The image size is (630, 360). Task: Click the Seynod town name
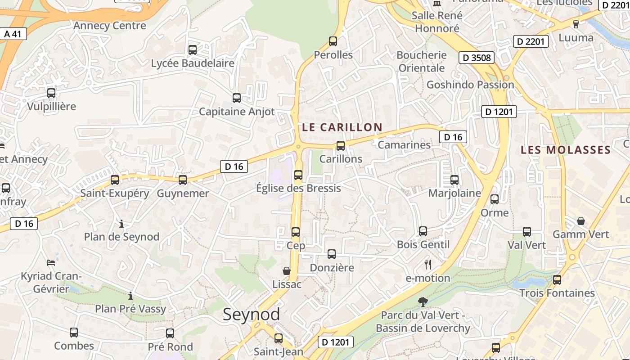[x=251, y=315]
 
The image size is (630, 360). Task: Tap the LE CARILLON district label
[x=342, y=127]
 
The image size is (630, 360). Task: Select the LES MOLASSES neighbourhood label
[x=566, y=150]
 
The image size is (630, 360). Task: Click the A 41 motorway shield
[x=13, y=34]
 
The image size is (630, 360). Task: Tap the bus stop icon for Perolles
[x=333, y=41]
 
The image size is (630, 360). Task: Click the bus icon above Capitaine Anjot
[x=237, y=98]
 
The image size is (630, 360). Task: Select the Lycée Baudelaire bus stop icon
[x=193, y=50]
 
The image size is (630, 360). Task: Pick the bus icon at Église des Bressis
[x=298, y=175]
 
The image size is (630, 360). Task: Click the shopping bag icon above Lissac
[x=287, y=271]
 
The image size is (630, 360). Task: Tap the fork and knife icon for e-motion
[x=428, y=265]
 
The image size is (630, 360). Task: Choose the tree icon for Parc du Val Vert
[x=423, y=301]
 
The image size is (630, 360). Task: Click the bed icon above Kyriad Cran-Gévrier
[x=51, y=262]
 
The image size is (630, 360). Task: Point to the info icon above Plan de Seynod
[x=121, y=224]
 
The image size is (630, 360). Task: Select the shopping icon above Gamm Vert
[x=581, y=221]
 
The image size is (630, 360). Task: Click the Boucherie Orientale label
[x=422, y=62]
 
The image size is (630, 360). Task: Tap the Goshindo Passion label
[x=470, y=85]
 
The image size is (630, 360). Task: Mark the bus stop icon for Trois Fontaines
[x=557, y=279]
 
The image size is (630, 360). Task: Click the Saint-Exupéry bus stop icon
[x=115, y=180]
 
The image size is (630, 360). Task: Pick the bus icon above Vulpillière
[x=51, y=93]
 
